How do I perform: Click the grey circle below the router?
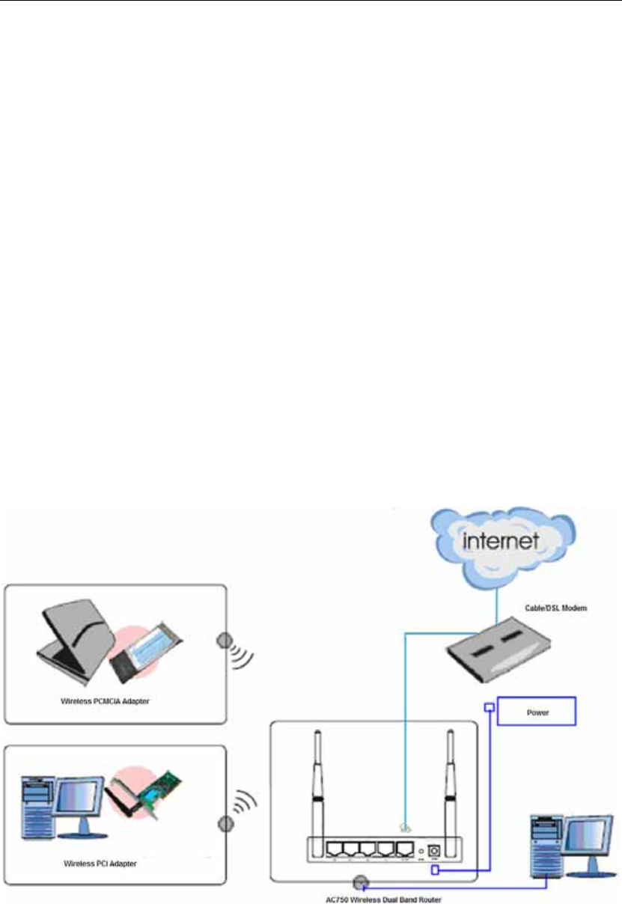pyautogui.click(x=360, y=882)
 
